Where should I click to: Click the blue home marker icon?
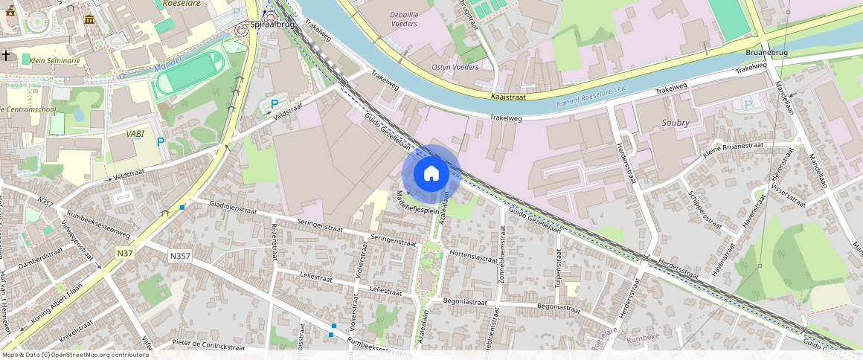coord(431,174)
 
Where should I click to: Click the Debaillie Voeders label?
coord(403,19)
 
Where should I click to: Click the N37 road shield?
coord(125,254)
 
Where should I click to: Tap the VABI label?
coord(135,134)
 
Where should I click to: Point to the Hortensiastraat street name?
coord(473,257)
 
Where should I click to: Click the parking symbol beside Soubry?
coord(748,104)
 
